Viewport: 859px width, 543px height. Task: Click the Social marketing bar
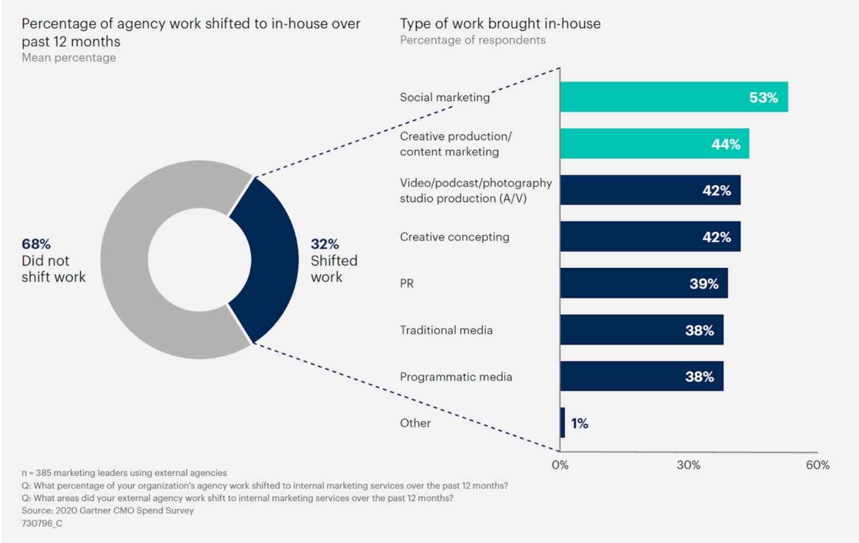pos(674,97)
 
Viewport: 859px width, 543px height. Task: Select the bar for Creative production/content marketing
pos(655,143)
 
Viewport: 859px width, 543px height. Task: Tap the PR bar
pos(644,283)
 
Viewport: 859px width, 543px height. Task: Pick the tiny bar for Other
pos(563,422)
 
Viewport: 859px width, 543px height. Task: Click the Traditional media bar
pos(642,330)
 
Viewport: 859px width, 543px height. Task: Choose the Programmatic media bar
pos(642,376)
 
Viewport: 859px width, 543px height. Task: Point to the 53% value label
pos(763,97)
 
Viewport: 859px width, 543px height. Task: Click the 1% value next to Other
pos(580,423)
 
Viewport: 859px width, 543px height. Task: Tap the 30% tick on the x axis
pos(688,465)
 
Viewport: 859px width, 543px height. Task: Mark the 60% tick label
pos(817,465)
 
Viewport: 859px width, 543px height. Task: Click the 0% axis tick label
pos(560,465)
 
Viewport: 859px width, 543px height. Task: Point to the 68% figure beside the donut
pos(36,244)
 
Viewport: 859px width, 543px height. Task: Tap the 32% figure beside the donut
pos(325,244)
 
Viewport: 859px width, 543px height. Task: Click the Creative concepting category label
pos(455,237)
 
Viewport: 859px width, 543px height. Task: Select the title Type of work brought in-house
pos(500,23)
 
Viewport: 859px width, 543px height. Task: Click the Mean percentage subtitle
pos(69,57)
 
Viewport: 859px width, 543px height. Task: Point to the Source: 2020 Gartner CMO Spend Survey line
pos(108,511)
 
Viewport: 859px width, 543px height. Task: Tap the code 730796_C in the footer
pos(42,523)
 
